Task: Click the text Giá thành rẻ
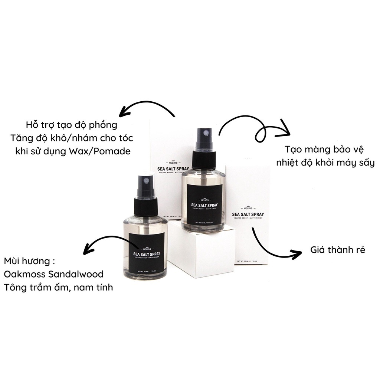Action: pos(338,250)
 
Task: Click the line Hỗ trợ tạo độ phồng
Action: pos(72,124)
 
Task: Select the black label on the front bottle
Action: pos(147,253)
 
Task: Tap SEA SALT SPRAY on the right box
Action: pos(248,214)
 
